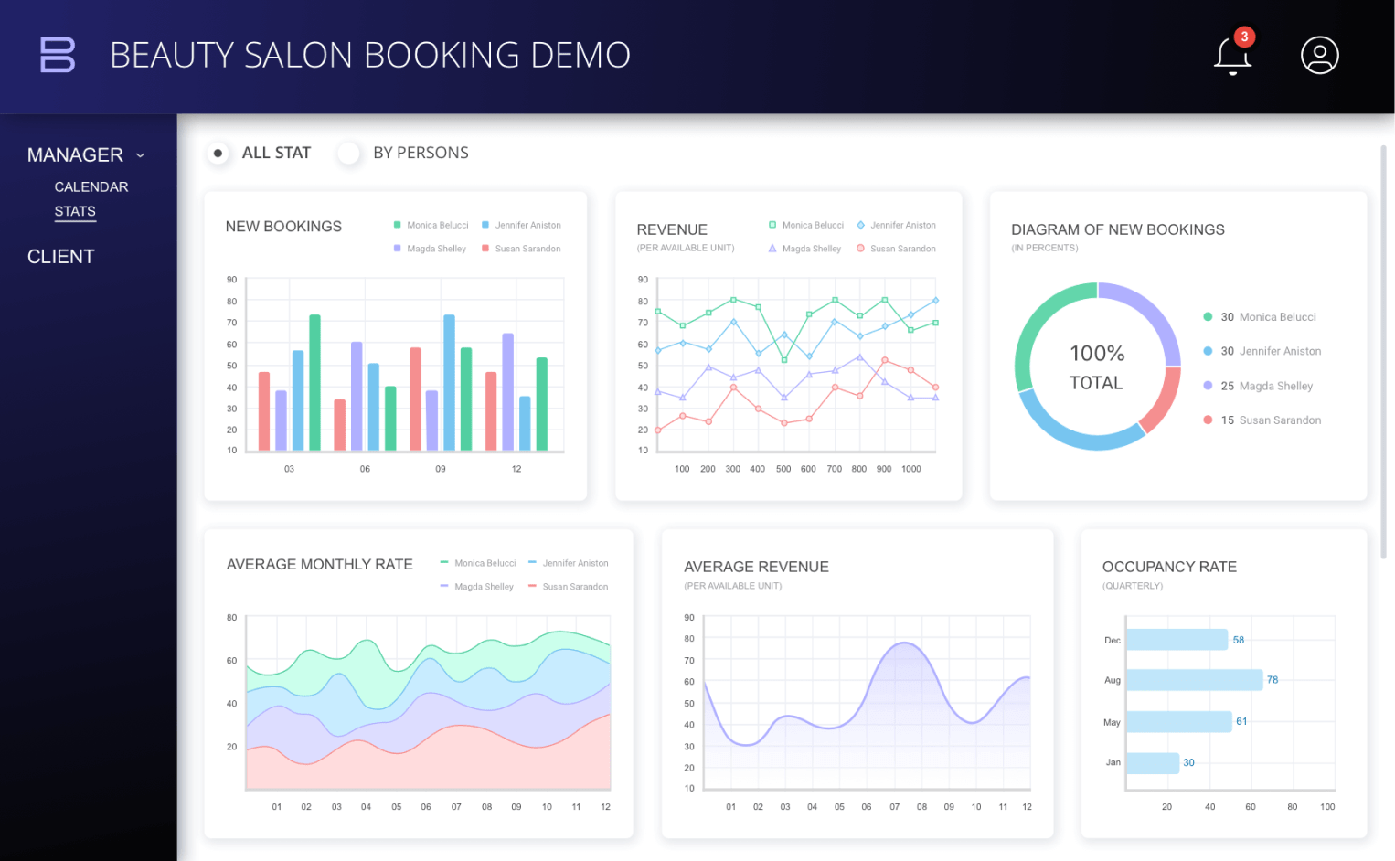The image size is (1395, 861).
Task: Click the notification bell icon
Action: click(x=1231, y=56)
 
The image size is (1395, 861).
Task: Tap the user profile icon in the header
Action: click(x=1319, y=56)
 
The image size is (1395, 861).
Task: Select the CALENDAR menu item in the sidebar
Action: click(x=91, y=186)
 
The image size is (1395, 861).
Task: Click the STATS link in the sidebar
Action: click(x=75, y=211)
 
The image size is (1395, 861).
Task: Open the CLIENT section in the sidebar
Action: click(x=61, y=257)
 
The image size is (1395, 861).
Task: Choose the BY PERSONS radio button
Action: click(x=348, y=153)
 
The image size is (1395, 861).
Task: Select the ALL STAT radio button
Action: click(x=218, y=153)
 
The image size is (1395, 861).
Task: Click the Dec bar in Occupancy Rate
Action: click(x=1177, y=640)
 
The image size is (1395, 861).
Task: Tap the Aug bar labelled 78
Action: click(x=1194, y=680)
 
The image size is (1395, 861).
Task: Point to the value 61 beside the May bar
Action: click(x=1241, y=721)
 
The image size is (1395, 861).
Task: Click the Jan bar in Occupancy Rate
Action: click(x=1153, y=762)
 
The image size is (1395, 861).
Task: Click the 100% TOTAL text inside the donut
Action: click(x=1097, y=367)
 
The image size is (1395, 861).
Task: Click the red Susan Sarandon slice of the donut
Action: click(x=1164, y=400)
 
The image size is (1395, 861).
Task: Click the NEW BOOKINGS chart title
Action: click(x=283, y=227)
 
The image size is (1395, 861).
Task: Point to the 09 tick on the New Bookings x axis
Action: click(x=441, y=469)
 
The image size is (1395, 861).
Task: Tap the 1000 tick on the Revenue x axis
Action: click(x=911, y=469)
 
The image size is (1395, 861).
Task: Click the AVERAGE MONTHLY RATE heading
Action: click(x=319, y=565)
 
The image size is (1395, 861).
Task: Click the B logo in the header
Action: click(x=58, y=55)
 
